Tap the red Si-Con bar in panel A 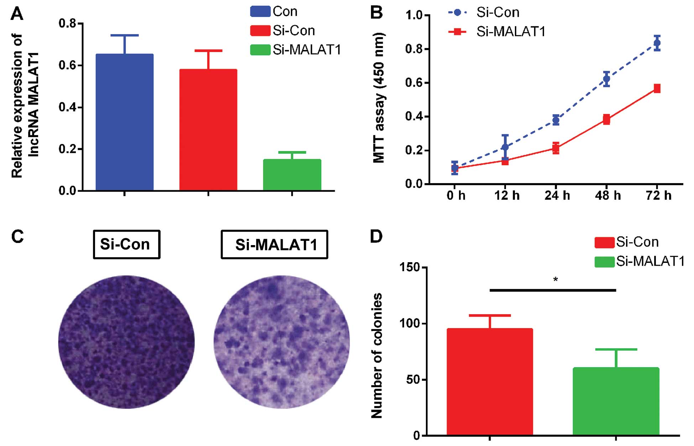(x=208, y=130)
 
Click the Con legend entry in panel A (x=274, y=11)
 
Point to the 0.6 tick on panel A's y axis (x=68, y=66)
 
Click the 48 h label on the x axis (x=607, y=196)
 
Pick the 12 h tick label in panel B (x=506, y=196)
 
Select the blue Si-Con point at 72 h (x=657, y=43)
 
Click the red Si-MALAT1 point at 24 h (x=556, y=147)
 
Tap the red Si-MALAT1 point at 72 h (x=657, y=88)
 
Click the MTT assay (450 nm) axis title (x=379, y=98)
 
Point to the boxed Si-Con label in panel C (x=126, y=244)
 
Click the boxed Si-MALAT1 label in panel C (x=274, y=244)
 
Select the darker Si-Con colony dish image (x=126, y=342)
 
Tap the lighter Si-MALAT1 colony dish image (x=282, y=342)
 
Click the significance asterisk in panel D (x=555, y=280)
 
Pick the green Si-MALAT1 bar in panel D (x=616, y=401)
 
